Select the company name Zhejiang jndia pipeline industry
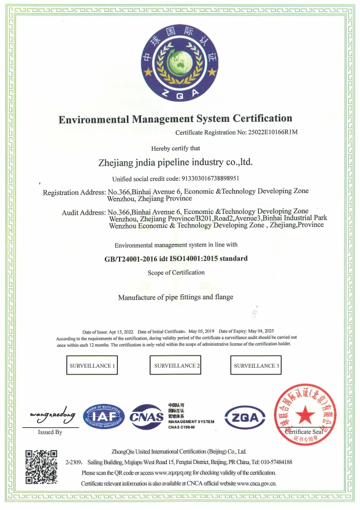pyautogui.click(x=175, y=163)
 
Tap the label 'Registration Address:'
pyautogui.click(x=74, y=192)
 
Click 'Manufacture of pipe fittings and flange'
pyautogui.click(x=175, y=297)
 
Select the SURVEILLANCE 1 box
pyautogui.click(x=91, y=366)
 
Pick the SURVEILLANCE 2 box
pyautogui.click(x=176, y=366)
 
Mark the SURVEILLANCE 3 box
pyautogui.click(x=256, y=366)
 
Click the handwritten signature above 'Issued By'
pyautogui.click(x=52, y=416)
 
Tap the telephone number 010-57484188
pyautogui.click(x=274, y=462)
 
